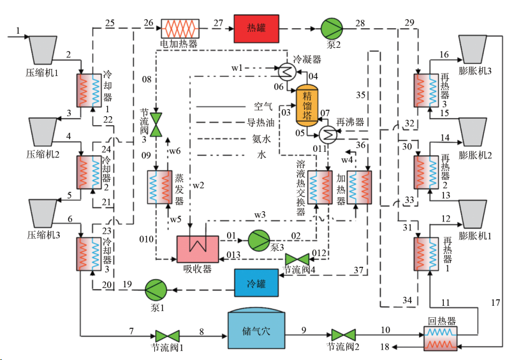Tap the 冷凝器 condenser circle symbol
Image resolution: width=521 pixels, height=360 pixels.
point(284,71)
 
